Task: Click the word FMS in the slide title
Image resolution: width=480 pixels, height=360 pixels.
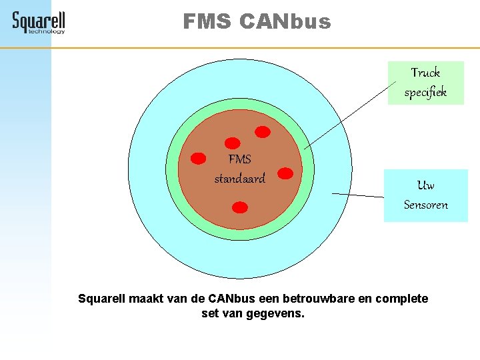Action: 207,22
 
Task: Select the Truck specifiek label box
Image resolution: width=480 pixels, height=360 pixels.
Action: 425,83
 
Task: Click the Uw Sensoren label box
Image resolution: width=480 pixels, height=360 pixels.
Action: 425,195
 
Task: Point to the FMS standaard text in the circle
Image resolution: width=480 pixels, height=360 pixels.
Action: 239,169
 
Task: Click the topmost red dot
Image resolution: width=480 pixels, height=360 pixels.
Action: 263,132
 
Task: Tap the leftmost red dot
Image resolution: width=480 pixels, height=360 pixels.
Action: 199,159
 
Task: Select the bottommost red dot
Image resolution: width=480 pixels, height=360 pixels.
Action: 240,207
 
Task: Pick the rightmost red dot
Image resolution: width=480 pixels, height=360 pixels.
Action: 285,173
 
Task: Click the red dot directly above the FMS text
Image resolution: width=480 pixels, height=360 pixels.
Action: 233,143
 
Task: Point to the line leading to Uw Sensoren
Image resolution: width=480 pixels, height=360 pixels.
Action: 358,195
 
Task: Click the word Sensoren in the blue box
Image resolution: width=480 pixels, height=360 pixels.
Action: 425,205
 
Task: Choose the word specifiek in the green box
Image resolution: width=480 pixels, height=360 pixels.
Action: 425,93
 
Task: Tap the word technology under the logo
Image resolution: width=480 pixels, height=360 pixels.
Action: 47,31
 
